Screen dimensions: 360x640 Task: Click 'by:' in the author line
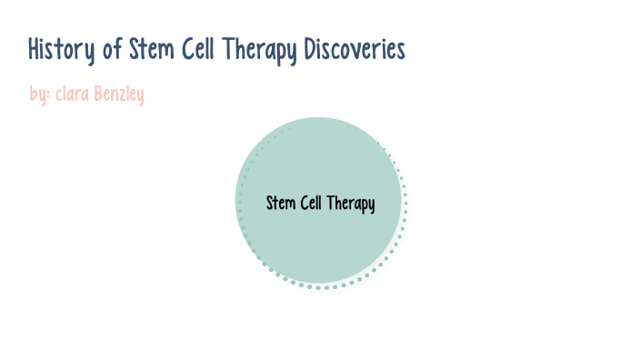pos(38,94)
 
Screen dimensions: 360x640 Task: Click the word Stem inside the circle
pos(280,203)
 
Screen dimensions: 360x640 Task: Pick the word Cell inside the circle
pos(313,203)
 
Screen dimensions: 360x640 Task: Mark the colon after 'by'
pos(47,95)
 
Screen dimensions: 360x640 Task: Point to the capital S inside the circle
pos(270,203)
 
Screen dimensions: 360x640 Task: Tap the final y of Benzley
pos(141,95)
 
